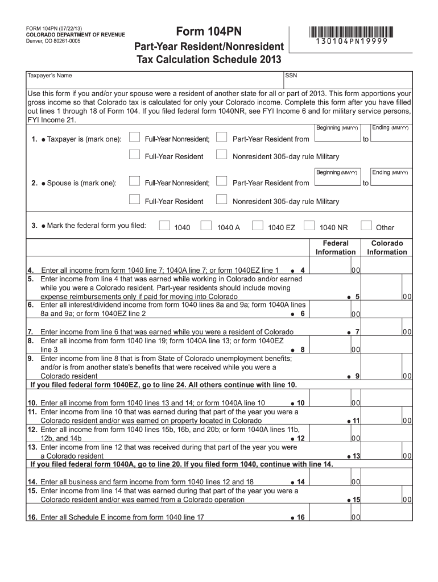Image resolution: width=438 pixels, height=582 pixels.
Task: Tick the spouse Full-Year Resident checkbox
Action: pos(134,200)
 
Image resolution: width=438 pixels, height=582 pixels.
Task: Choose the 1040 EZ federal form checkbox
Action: pos(257,226)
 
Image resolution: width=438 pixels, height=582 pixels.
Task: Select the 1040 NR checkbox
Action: pos(309,226)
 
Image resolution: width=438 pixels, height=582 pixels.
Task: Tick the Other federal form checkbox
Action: pos(366,226)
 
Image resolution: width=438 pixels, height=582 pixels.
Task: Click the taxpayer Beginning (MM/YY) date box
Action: pos(337,138)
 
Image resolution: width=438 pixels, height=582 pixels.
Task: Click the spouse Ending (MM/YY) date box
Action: pos(390,182)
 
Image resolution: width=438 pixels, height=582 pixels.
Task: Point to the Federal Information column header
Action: pos(336,247)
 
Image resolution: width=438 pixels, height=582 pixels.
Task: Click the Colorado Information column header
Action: pos(387,247)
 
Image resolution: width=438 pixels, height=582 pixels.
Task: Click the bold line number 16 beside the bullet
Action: pos(300,517)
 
